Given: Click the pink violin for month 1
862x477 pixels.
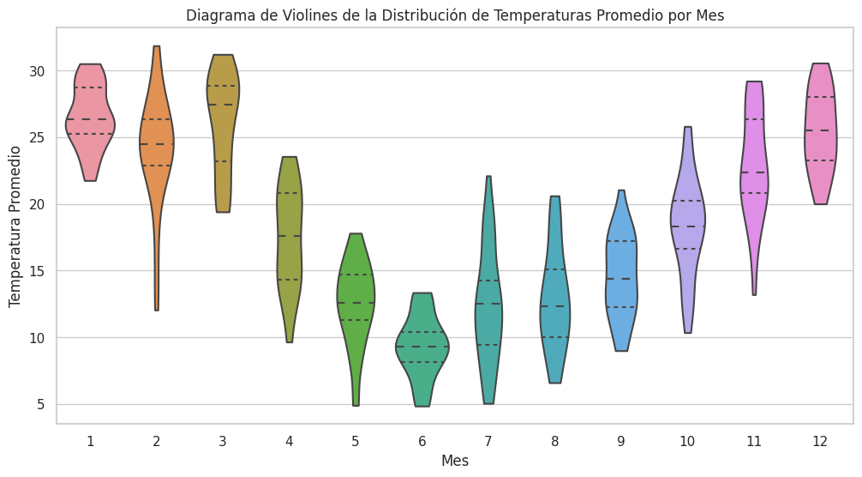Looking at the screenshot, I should [90, 129].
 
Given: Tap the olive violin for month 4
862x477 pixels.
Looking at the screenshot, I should [290, 223].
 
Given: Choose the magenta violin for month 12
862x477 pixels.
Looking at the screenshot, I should [821, 137].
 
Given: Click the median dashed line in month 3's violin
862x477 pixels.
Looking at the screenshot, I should [223, 105].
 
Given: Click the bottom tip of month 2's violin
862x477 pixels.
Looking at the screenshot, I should [156, 309].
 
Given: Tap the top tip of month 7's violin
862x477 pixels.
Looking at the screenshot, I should [488, 178].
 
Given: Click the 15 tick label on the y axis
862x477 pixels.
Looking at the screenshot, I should [40, 271].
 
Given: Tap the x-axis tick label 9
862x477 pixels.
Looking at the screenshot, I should [621, 441].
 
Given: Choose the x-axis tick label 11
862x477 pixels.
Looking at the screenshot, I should [754, 441].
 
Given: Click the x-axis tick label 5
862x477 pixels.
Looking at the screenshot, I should [356, 441].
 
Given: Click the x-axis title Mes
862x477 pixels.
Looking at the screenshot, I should [455, 461].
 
